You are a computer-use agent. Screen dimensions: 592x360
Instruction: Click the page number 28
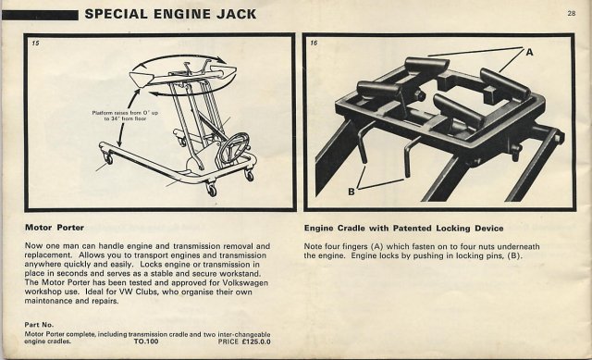click(572, 13)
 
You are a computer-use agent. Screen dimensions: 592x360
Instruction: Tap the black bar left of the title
click(40, 15)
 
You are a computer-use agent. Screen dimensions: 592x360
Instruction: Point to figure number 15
click(35, 43)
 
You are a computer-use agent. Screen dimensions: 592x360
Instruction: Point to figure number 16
click(314, 43)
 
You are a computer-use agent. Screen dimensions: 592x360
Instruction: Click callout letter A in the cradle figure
click(529, 52)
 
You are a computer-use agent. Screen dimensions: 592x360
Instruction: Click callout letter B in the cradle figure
click(351, 192)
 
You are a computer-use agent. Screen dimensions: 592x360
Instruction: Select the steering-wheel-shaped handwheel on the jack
click(235, 146)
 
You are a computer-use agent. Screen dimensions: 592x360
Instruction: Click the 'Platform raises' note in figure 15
click(126, 116)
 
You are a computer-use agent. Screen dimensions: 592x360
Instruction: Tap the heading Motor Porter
click(55, 228)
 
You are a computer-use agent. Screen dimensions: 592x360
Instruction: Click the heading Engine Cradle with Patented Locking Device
click(403, 229)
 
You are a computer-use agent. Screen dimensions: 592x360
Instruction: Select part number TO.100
click(146, 341)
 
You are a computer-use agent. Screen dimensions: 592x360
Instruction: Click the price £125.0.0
click(256, 341)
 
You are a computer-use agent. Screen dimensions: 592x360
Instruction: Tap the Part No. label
click(39, 325)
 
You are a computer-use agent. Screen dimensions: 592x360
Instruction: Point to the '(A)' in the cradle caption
click(377, 247)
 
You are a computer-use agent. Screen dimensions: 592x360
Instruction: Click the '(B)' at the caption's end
click(514, 255)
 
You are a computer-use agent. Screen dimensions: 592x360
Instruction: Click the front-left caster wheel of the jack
click(109, 158)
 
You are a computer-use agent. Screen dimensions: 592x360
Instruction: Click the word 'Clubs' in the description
click(146, 292)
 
